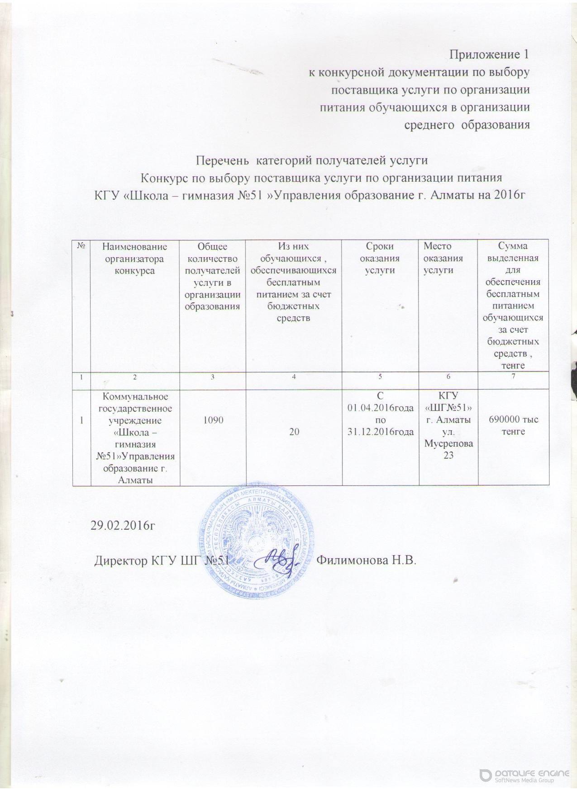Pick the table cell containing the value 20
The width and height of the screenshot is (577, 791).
click(x=294, y=432)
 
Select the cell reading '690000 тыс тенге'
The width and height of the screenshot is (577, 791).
click(x=513, y=426)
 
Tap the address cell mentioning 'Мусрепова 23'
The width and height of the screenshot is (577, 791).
click(x=448, y=426)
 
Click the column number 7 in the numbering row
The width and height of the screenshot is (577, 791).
click(x=513, y=377)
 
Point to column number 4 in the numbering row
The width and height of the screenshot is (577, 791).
click(x=294, y=377)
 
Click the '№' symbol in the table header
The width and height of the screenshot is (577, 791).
click(x=82, y=247)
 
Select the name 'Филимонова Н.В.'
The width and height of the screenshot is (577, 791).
click(x=366, y=560)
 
